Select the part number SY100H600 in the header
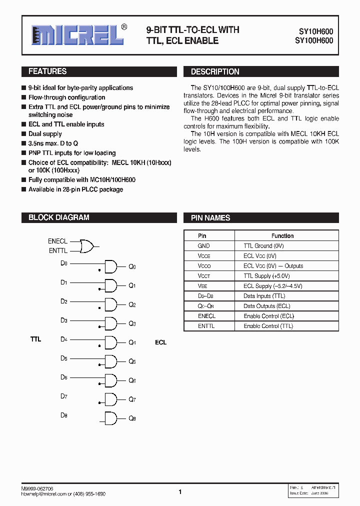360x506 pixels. (x=312, y=41)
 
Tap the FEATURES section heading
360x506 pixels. (x=47, y=71)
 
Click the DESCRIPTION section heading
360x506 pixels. (x=215, y=72)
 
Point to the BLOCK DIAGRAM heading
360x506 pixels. (x=59, y=217)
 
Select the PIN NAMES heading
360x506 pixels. (x=210, y=218)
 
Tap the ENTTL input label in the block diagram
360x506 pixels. (x=57, y=250)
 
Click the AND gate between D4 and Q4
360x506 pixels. (x=110, y=342)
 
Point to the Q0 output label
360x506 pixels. (x=132, y=267)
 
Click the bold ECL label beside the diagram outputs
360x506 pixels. (x=160, y=342)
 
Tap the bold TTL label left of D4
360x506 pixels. (x=35, y=339)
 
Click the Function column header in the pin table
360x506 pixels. (x=282, y=235)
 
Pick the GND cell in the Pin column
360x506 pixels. (x=204, y=246)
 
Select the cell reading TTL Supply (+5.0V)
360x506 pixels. (x=266, y=276)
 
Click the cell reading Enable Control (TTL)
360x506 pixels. (x=268, y=326)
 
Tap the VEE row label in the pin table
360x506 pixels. (x=202, y=286)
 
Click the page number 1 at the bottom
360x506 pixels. (x=180, y=492)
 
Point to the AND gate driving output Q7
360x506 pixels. (x=110, y=399)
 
